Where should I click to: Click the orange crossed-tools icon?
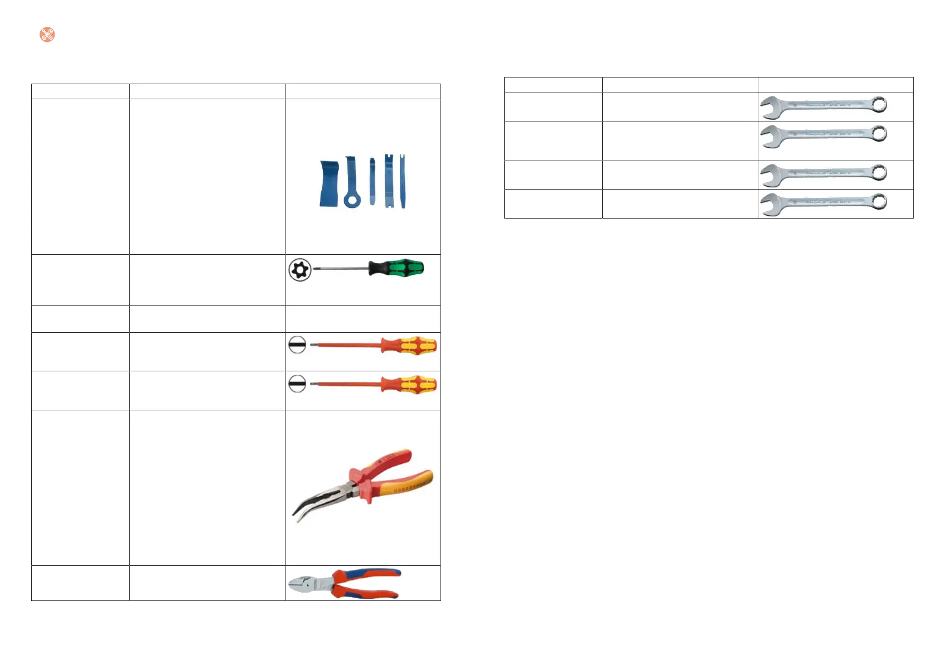[47, 35]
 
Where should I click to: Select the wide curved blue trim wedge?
[329, 184]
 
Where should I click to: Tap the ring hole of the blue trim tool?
[352, 200]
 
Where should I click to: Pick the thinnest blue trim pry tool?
[372, 181]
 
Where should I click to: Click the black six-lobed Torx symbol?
[300, 270]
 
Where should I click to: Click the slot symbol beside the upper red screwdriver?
[297, 345]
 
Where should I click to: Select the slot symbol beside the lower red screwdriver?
[297, 384]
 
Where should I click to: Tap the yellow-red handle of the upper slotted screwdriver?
[413, 346]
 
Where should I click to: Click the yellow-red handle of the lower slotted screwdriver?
[413, 385]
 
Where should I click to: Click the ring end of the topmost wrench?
[879, 104]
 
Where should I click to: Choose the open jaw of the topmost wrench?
[769, 108]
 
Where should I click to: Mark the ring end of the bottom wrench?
[879, 201]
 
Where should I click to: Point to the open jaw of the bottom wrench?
[769, 205]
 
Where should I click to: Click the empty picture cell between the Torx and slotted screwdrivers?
[362, 319]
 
